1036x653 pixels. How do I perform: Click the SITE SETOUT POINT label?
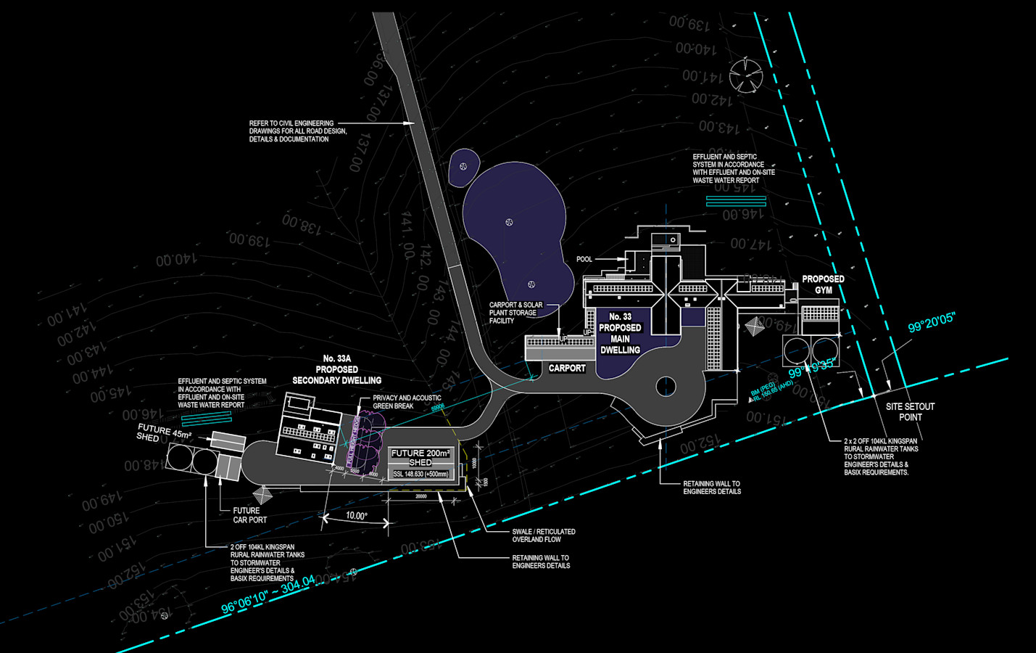tap(910, 411)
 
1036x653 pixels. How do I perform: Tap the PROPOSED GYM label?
tap(823, 284)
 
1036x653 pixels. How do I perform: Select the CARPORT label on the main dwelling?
tap(566, 369)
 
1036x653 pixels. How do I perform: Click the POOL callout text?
tap(584, 259)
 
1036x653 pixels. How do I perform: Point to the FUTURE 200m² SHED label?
tap(420, 457)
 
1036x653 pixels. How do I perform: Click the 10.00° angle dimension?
tap(356, 516)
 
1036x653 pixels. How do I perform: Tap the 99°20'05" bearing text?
tap(932, 321)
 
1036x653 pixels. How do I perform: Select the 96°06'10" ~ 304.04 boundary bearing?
tap(268, 594)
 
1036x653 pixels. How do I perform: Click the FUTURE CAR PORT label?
tap(249, 515)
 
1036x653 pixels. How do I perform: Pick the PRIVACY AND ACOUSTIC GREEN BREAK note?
tap(407, 402)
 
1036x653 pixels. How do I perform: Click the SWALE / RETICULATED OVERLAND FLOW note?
tap(544, 535)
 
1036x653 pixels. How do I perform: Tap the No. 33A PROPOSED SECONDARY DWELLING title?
tap(336, 369)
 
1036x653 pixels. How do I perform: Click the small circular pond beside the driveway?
tap(463, 168)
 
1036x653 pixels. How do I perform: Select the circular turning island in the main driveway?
tap(666, 387)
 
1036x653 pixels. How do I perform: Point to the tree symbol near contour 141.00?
tap(746, 75)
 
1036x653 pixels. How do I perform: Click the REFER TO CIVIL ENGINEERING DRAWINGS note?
tap(298, 131)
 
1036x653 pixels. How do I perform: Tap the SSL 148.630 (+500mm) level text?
tap(420, 475)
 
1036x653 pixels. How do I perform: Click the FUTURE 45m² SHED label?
tap(164, 432)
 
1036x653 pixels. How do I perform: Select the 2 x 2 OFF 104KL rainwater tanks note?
tap(880, 456)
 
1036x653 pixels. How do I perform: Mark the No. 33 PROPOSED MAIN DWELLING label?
tap(620, 333)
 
